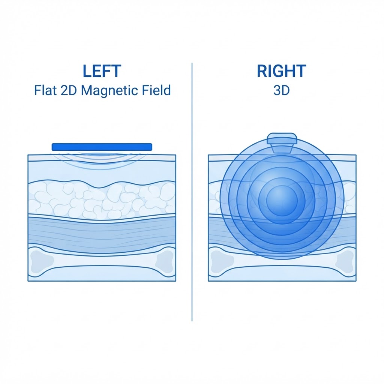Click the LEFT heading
(x=102, y=71)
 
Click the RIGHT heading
(x=281, y=71)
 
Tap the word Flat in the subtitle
(x=45, y=90)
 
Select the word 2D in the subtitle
(x=69, y=90)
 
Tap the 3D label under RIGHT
(x=281, y=90)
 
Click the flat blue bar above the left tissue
(x=102, y=147)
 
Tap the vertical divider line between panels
(x=192, y=192)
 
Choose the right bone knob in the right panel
(x=346, y=262)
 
